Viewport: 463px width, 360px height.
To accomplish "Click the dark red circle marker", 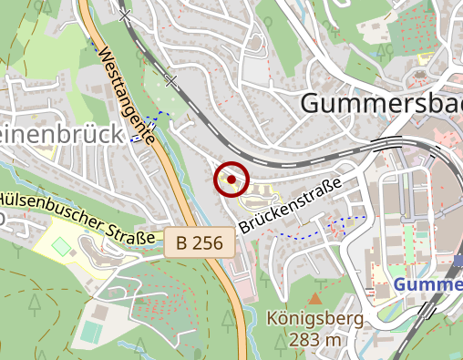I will click(x=231, y=180).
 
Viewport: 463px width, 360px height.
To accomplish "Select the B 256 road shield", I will click(x=201, y=243).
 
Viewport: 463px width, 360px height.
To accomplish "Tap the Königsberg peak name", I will click(x=315, y=319).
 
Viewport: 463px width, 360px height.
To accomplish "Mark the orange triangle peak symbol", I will click(x=315, y=299).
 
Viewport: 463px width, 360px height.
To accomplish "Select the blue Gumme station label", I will click(x=428, y=286).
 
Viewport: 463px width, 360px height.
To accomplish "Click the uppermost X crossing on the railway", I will click(x=125, y=15).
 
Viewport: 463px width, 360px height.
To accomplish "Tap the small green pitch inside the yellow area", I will click(x=60, y=246).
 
